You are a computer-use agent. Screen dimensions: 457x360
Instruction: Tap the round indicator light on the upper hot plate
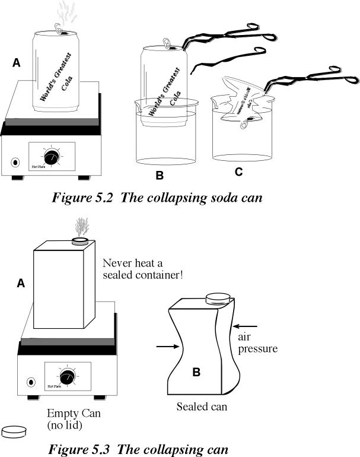15,161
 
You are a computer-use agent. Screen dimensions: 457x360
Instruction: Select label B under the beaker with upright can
159,176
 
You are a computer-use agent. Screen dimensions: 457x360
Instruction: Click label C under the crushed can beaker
238,172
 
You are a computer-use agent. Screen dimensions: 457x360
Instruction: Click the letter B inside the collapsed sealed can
198,373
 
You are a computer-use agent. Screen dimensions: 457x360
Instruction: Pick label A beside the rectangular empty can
21,284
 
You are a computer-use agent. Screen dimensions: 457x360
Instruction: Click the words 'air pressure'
257,342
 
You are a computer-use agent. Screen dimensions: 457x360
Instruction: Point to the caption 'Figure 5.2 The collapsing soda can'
157,198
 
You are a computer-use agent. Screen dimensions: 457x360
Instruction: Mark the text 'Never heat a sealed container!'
137,269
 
